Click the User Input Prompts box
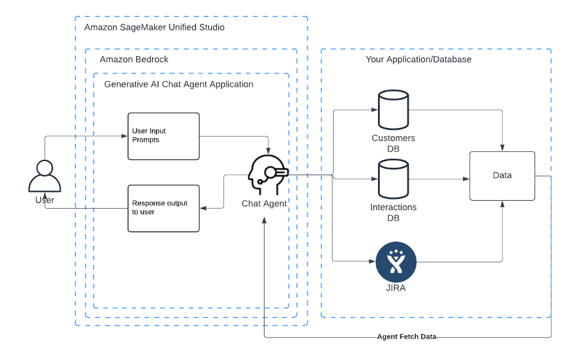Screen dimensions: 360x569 click(x=163, y=136)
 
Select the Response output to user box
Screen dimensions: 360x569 click(x=163, y=208)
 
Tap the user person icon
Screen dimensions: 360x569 click(x=45, y=176)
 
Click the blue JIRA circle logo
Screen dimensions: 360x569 click(x=396, y=262)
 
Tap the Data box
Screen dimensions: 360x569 click(x=502, y=176)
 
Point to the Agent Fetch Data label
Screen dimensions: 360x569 click(x=406, y=337)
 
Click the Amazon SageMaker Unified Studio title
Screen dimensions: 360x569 click(x=154, y=27)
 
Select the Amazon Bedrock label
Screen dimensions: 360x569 click(x=134, y=59)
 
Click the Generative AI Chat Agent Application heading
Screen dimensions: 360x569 click(x=179, y=84)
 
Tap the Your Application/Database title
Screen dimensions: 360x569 click(x=418, y=59)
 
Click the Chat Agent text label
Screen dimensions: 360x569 click(x=264, y=204)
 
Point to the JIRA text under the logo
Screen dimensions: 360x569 click(x=396, y=288)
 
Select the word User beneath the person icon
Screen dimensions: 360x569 click(x=45, y=200)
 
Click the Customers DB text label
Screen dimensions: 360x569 click(x=393, y=143)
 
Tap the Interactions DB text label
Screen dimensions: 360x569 click(x=393, y=212)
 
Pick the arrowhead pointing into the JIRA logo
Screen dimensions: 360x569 click(x=372, y=262)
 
